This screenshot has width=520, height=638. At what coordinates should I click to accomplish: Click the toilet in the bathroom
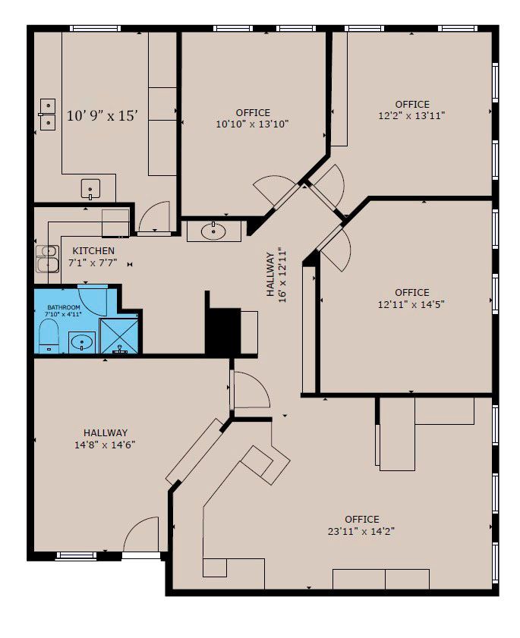pyautogui.click(x=49, y=336)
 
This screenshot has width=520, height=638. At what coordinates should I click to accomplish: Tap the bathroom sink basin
pyautogui.click(x=82, y=343)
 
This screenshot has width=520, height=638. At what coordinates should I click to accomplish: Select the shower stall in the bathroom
pyautogui.click(x=119, y=336)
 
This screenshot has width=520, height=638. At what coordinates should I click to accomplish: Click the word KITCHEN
pyautogui.click(x=93, y=250)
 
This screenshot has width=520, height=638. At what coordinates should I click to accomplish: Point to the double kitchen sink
pyautogui.click(x=48, y=259)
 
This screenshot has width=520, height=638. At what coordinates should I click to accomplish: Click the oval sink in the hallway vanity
pyautogui.click(x=213, y=231)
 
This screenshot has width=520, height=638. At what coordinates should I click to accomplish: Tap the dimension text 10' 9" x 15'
pyautogui.click(x=102, y=116)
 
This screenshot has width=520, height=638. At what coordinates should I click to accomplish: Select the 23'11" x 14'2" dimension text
pyautogui.click(x=361, y=531)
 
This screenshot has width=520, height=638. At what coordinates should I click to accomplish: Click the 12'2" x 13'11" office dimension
pyautogui.click(x=411, y=115)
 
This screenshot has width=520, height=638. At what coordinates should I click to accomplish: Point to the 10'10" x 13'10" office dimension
pyautogui.click(x=253, y=124)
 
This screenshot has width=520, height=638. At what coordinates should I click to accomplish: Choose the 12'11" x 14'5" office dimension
pyautogui.click(x=411, y=304)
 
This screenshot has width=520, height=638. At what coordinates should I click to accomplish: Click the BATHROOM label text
pyautogui.click(x=64, y=307)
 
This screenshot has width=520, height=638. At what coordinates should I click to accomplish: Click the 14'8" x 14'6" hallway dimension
pyautogui.click(x=105, y=445)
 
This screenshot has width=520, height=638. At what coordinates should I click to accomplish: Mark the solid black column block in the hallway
pyautogui.click(x=223, y=331)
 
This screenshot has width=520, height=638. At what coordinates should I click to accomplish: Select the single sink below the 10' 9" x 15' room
pyautogui.click(x=90, y=188)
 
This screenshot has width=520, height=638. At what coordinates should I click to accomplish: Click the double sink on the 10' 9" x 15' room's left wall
pyautogui.click(x=48, y=115)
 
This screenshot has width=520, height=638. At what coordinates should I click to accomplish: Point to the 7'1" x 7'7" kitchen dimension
pyautogui.click(x=93, y=262)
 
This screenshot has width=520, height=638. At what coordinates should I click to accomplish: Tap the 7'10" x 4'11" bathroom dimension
pyautogui.click(x=64, y=314)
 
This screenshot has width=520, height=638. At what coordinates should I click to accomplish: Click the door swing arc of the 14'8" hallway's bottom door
pyautogui.click(x=132, y=527)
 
